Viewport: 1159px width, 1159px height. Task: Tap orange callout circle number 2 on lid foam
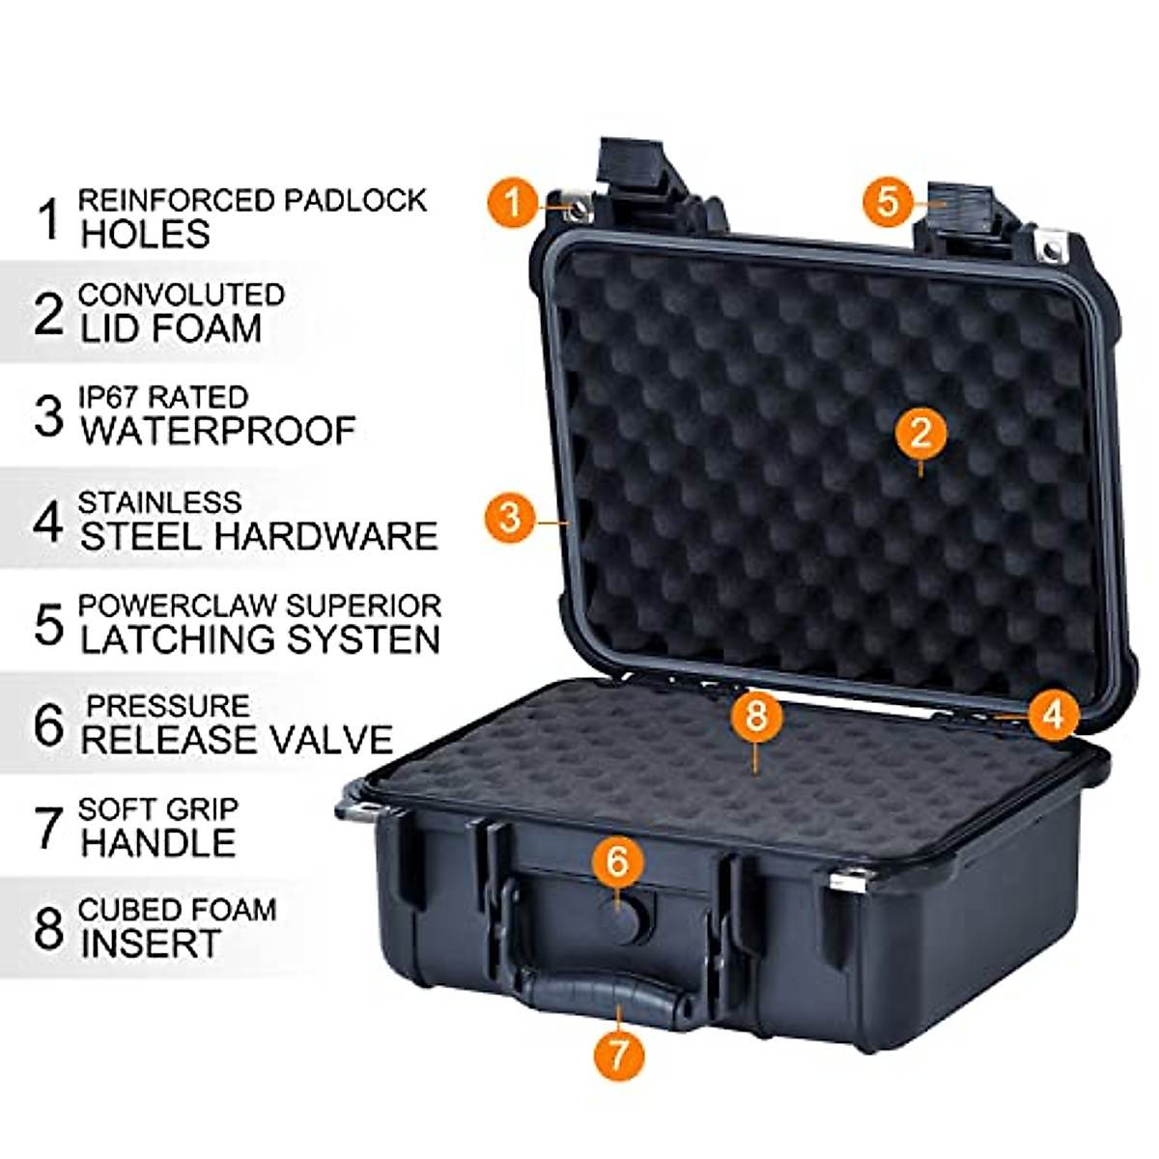click(x=919, y=433)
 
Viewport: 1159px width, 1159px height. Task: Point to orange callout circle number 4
click(x=1053, y=714)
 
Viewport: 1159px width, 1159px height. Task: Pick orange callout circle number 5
click(x=889, y=201)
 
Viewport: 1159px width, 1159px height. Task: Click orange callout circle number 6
click(x=618, y=860)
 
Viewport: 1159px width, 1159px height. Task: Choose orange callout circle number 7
click(x=619, y=1054)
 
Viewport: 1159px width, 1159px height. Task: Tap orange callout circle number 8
click(x=756, y=716)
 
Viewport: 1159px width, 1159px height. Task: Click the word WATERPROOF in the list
click(x=218, y=431)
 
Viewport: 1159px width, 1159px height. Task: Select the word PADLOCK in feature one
click(x=354, y=200)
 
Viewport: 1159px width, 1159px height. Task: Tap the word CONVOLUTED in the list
click(x=182, y=294)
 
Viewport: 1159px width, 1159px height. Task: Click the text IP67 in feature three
click(x=108, y=397)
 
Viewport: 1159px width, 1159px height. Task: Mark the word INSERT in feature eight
click(x=151, y=944)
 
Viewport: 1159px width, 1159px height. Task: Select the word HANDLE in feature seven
click(x=158, y=843)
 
